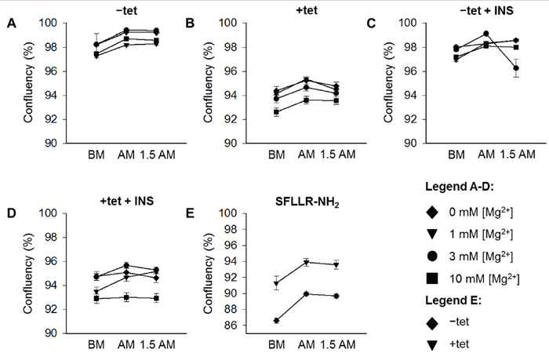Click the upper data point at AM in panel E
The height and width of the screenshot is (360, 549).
click(x=306, y=262)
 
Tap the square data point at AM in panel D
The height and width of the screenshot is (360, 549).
click(x=125, y=296)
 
